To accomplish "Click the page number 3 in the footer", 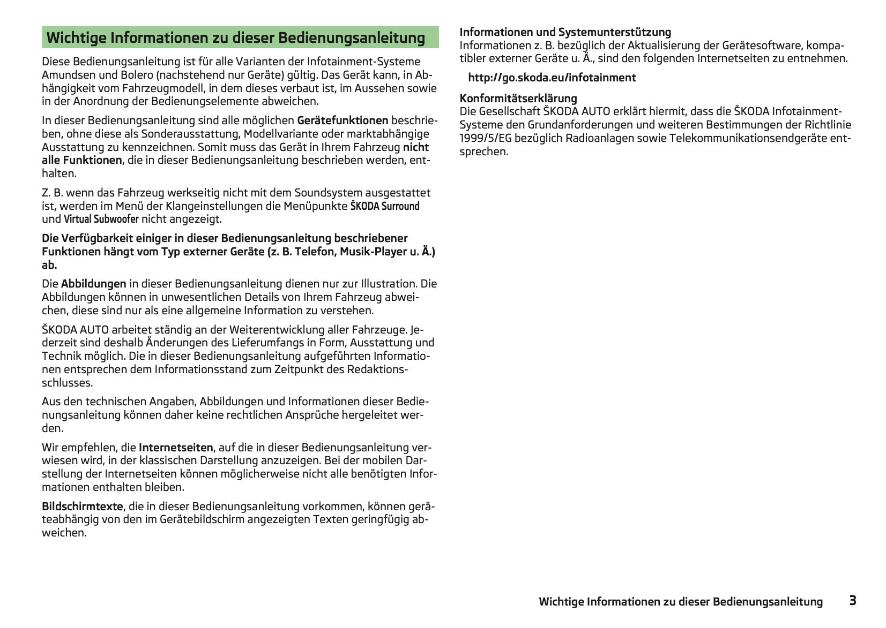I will [x=852, y=600].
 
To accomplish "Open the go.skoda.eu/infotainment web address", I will [x=552, y=78].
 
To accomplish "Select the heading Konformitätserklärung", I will [x=518, y=98].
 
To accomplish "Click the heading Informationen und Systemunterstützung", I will [x=565, y=32].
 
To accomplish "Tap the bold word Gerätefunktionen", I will [x=343, y=120].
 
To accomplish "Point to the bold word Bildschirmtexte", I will [x=82, y=506].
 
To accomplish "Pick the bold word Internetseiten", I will [x=176, y=447].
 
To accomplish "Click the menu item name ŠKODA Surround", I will [x=384, y=206].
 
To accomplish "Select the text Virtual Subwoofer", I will [x=101, y=219].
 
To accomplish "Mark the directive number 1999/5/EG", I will [x=486, y=138].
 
